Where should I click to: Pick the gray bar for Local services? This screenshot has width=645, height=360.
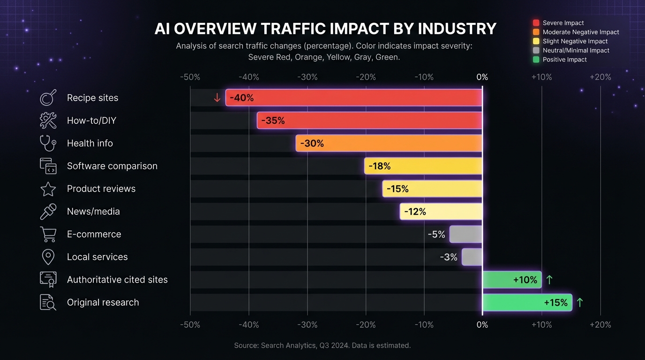click(x=472, y=257)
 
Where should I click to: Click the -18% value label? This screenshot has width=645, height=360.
click(x=379, y=166)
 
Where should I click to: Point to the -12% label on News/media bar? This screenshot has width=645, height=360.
click(x=415, y=211)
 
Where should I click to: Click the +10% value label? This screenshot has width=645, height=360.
click(x=525, y=280)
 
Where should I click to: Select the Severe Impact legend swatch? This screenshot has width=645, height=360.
click(x=536, y=23)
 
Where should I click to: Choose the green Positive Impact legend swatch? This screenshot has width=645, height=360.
click(x=536, y=60)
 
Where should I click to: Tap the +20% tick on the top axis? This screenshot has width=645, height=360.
click(x=600, y=77)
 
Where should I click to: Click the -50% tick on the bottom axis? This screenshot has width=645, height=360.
click(x=190, y=325)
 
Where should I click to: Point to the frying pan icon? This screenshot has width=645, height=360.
click(x=48, y=98)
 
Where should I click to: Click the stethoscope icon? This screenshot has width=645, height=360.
click(x=48, y=143)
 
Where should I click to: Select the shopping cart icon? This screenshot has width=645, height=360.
click(x=48, y=234)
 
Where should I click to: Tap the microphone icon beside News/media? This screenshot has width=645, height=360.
click(x=48, y=211)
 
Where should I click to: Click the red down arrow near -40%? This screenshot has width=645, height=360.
click(x=217, y=97)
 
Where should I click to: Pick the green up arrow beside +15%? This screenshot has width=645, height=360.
click(x=580, y=302)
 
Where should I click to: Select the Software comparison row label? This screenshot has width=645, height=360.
click(x=112, y=166)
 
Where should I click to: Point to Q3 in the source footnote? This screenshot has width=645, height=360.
click(x=324, y=345)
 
